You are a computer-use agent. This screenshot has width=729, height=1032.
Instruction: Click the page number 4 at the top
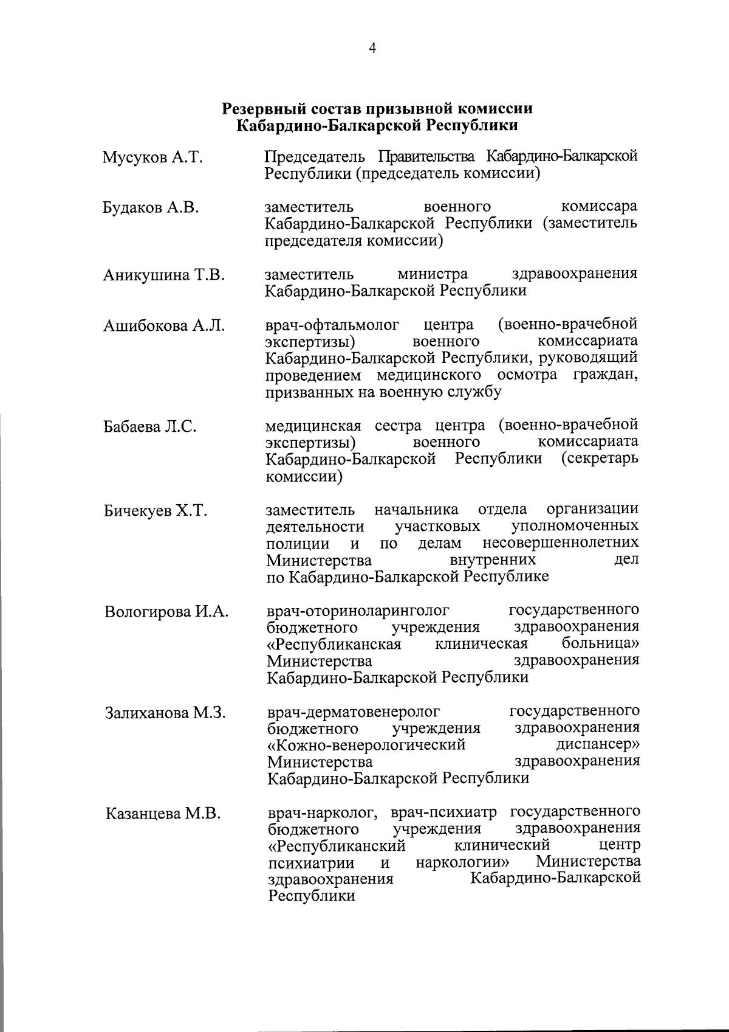372,49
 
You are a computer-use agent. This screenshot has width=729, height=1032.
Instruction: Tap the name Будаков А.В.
151,208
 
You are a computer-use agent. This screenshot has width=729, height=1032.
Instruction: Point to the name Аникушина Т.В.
163,275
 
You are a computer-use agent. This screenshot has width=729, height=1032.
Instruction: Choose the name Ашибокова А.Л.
163,326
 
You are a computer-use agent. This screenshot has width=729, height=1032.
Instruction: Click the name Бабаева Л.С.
149,427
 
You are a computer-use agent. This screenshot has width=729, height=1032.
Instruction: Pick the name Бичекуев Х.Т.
155,511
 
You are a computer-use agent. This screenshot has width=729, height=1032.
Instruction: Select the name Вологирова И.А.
166,612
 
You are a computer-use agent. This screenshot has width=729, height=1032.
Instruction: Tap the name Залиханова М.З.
165,713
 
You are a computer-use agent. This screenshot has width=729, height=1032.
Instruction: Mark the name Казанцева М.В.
162,814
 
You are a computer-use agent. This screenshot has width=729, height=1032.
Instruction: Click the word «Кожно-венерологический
367,745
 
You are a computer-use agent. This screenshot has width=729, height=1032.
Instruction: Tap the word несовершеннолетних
560,542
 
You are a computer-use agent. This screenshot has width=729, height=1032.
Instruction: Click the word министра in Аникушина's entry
433,274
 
